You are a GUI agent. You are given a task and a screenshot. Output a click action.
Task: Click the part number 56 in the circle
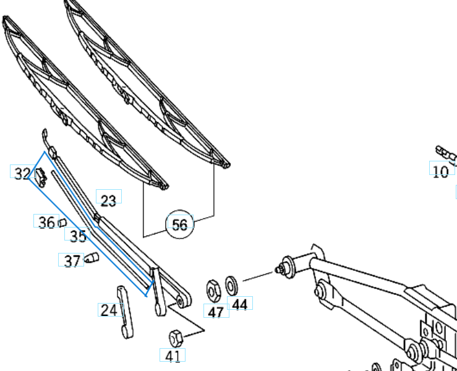[179, 224]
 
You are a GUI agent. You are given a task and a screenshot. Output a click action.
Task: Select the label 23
[108, 200]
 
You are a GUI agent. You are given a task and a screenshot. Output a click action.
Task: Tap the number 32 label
[22, 174]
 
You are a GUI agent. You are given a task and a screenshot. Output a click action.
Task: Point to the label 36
[46, 223]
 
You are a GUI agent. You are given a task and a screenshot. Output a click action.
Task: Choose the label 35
[77, 236]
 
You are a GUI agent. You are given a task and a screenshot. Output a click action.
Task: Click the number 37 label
[72, 261]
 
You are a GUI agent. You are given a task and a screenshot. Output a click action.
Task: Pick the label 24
[109, 310]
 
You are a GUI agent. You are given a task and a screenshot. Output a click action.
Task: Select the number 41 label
[173, 356]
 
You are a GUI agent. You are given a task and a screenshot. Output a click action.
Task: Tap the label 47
[215, 312]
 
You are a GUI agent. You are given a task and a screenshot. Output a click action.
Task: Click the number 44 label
[240, 304]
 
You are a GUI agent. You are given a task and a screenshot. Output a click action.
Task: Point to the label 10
[440, 171]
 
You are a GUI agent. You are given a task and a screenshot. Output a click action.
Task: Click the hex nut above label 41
[176, 338]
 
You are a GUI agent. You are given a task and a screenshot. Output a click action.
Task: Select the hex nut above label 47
[213, 288]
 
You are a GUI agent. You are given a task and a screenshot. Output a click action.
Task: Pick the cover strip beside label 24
[125, 312]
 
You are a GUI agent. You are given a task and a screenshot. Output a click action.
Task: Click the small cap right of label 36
[62, 222]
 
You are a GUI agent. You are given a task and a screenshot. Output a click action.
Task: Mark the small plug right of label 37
[92, 258]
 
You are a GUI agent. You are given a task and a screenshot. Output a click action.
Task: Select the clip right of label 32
[41, 176]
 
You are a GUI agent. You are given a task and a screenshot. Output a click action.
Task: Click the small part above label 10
[444, 152]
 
